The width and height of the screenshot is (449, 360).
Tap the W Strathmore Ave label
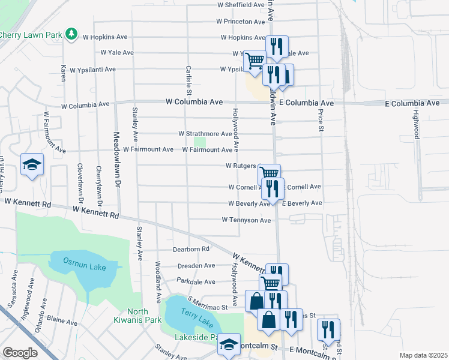coord(205,134)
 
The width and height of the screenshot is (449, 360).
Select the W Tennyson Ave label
coord(246,220)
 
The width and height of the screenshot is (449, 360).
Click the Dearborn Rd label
coord(191,248)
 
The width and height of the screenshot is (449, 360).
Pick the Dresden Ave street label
coord(196,266)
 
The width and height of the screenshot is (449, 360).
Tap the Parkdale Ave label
coord(196,281)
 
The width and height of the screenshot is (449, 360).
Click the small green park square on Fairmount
coord(200,142)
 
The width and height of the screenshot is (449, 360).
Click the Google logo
coord(20,353)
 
